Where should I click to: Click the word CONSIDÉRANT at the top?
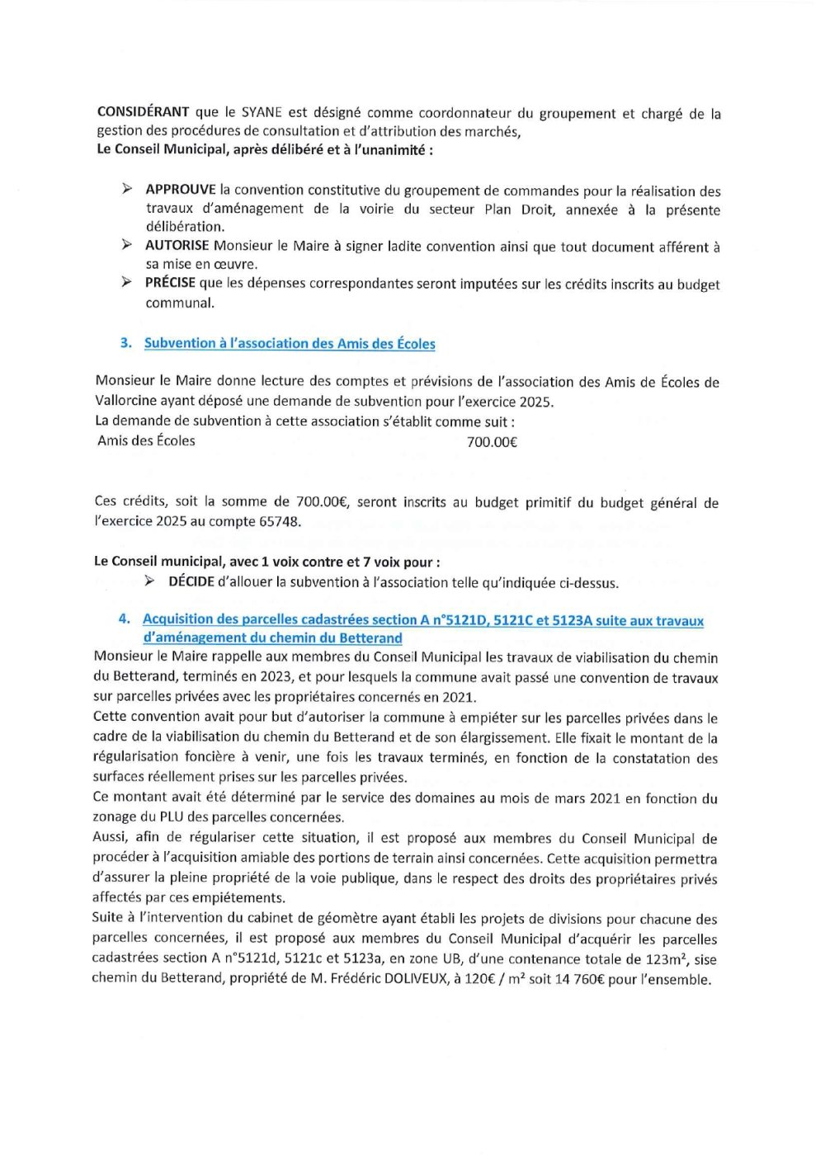click(143, 112)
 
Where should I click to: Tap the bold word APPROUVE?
click(181, 190)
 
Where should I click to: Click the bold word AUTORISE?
click(177, 246)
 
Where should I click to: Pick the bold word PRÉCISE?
click(170, 283)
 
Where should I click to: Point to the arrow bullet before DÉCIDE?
click(149, 581)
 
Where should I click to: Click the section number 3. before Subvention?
click(125, 343)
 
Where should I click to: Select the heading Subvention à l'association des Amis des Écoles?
click(290, 343)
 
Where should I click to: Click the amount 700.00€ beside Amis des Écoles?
click(492, 441)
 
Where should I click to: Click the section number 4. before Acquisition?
click(124, 619)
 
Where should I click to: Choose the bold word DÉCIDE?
click(191, 582)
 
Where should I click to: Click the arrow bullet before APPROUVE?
click(126, 189)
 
